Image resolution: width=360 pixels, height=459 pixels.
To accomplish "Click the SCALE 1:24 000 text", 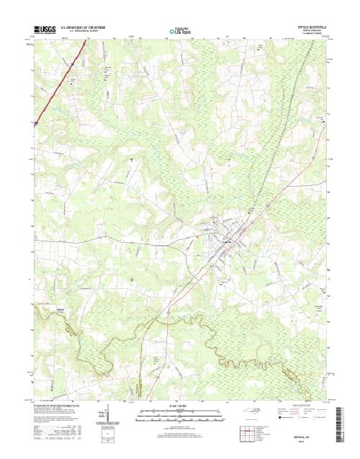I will [x=179, y=406].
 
